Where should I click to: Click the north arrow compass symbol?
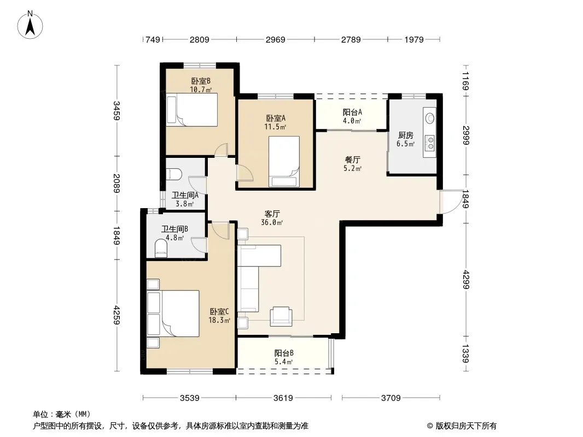click(x=30, y=25)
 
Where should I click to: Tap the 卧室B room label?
click(x=201, y=81)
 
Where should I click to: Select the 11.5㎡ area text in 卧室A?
click(x=275, y=127)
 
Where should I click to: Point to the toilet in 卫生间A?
click(x=174, y=174)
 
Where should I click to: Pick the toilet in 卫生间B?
click(x=161, y=248)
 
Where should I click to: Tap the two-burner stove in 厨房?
click(x=430, y=143)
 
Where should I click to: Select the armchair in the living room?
click(x=281, y=316)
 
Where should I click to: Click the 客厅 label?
click(x=272, y=214)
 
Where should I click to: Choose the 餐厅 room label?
click(x=352, y=160)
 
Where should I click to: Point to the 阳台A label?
click(x=352, y=112)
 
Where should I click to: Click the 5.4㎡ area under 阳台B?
click(x=284, y=362)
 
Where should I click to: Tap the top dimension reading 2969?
click(x=275, y=40)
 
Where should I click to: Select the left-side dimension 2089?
click(x=116, y=184)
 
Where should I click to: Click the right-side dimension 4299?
click(x=465, y=280)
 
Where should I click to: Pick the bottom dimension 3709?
click(x=391, y=398)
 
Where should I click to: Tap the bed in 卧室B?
click(x=192, y=110)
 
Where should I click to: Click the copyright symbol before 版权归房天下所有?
click(x=430, y=426)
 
